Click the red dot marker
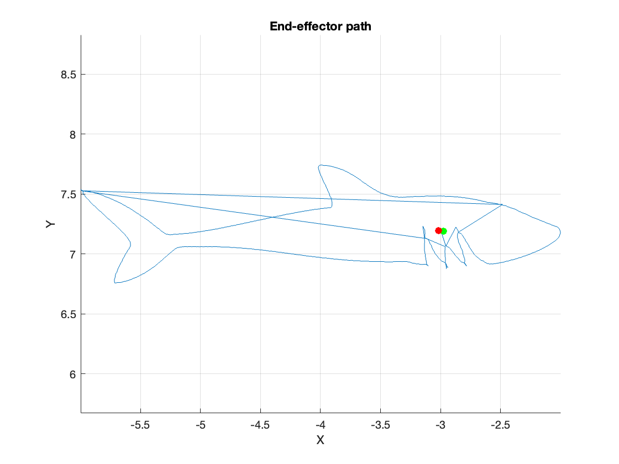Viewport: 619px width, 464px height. [x=438, y=230]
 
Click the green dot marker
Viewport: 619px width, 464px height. [x=444, y=231]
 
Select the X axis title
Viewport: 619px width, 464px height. [x=320, y=440]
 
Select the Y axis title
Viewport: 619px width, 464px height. [x=50, y=224]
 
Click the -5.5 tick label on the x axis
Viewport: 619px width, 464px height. [x=140, y=426]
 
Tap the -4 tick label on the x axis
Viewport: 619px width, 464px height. [x=320, y=426]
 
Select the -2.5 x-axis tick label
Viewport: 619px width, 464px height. [x=500, y=426]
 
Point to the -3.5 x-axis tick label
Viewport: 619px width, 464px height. [x=380, y=426]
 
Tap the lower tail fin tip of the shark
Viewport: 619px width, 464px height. [x=115, y=282]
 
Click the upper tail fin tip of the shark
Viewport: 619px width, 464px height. [x=82, y=191]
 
